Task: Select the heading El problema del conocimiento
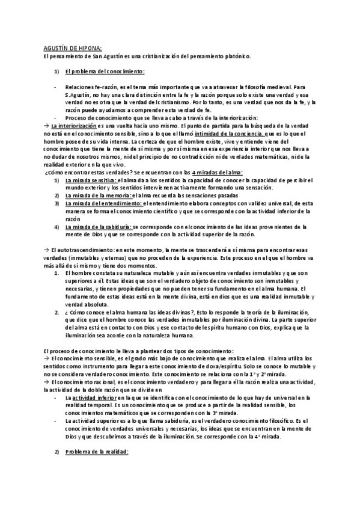pyautogui.click(x=105, y=72)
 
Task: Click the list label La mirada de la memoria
pyautogui.click(x=96, y=196)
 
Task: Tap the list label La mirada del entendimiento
pyautogui.click(x=102, y=204)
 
